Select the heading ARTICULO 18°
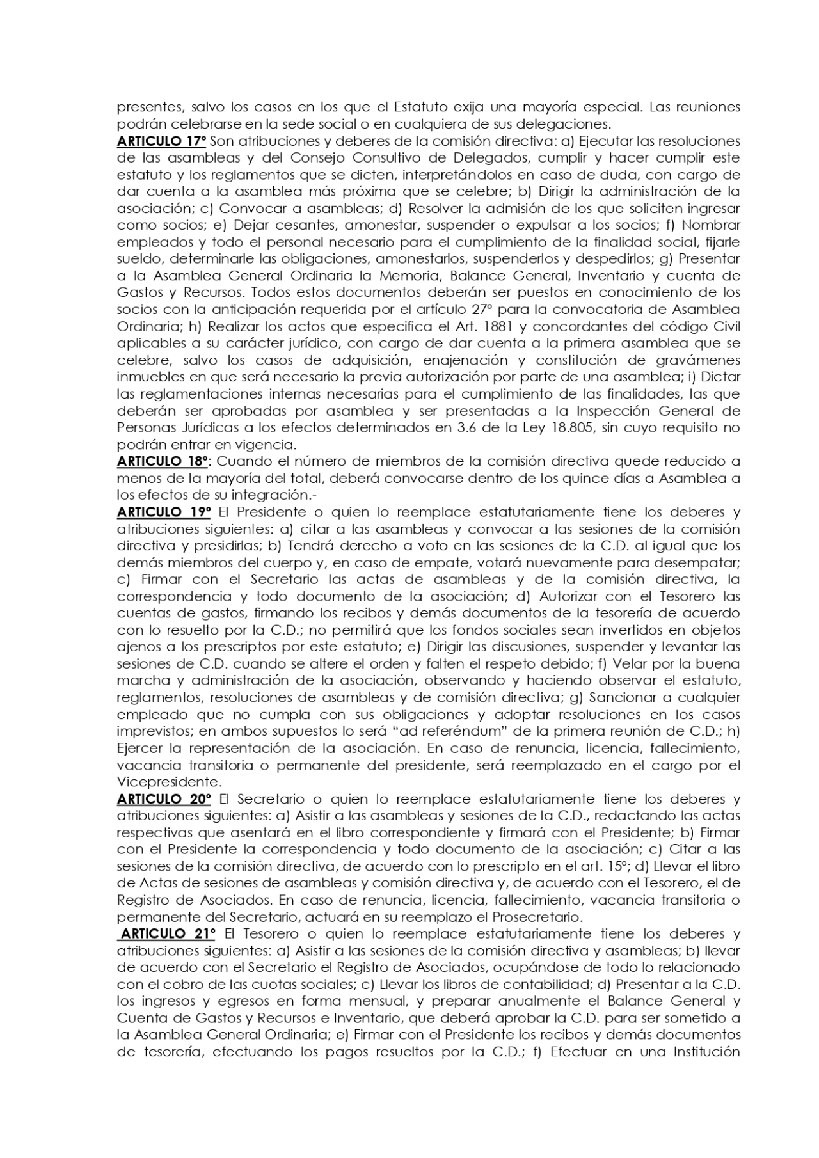162,461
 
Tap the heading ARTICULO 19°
164,512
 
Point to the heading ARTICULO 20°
164,799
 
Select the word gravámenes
699,360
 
